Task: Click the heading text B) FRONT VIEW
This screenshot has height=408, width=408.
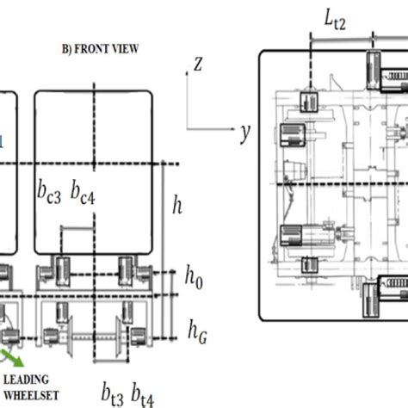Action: (100, 49)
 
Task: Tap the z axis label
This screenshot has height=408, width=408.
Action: (198, 64)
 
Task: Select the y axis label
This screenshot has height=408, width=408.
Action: (244, 133)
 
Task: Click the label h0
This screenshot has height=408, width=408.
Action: (194, 277)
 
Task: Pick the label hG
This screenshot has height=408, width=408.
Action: (197, 331)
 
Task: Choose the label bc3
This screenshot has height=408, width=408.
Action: (49, 192)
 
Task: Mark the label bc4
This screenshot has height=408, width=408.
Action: (83, 192)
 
